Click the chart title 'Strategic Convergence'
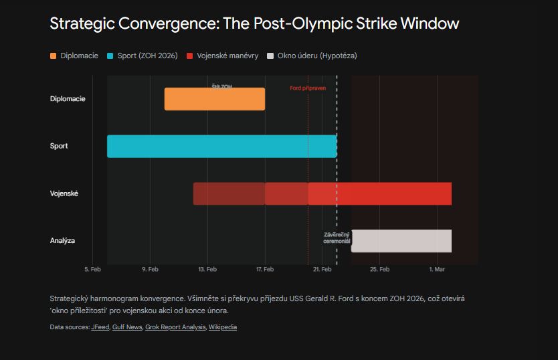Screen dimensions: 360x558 [x=254, y=24]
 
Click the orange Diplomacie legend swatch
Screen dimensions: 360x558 [x=54, y=56]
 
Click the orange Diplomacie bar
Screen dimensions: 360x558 [x=214, y=99]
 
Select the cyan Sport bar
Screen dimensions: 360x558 [x=221, y=146]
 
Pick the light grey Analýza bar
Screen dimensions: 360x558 [x=401, y=240]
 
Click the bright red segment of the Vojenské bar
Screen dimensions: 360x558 [x=380, y=193]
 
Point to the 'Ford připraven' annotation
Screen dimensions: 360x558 [x=308, y=88]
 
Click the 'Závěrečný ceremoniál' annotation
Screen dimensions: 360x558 [x=337, y=238]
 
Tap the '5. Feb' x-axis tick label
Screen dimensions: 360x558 [x=92, y=269]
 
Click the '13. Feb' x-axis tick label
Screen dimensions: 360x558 [x=207, y=269]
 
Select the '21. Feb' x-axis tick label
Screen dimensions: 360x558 [x=322, y=269]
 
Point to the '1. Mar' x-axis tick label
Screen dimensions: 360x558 [x=437, y=269]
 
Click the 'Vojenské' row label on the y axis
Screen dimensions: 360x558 [x=64, y=193]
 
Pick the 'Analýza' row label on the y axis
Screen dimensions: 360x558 [x=62, y=240]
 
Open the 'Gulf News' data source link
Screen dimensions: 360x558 [x=127, y=327]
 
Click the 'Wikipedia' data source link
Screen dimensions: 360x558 [x=223, y=327]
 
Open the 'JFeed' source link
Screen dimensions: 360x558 [x=100, y=327]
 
